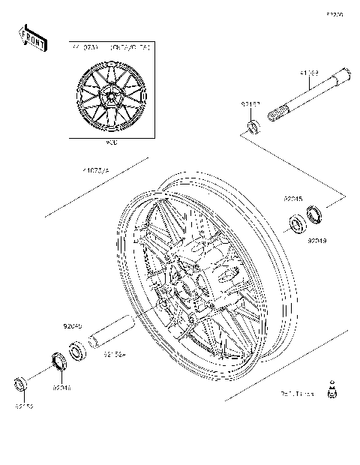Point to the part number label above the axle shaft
[x=310, y=73]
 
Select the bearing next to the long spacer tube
[x=76, y=349]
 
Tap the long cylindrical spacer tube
[x=112, y=333]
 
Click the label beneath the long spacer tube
[x=113, y=354]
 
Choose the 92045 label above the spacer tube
[x=72, y=327]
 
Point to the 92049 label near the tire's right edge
[x=316, y=241]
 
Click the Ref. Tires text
[x=296, y=392]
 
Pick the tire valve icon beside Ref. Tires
[x=330, y=390]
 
